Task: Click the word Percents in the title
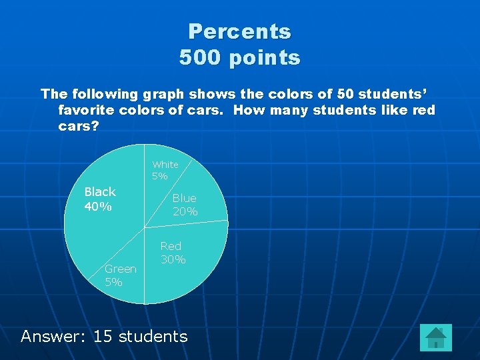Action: tap(239, 31)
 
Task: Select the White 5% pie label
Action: tap(165, 170)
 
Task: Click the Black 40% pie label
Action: tap(99, 199)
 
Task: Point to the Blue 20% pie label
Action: tap(185, 205)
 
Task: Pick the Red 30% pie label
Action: tap(172, 253)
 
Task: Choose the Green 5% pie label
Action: tap(120, 275)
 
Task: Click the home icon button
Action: tap(436, 337)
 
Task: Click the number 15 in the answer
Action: tap(103, 336)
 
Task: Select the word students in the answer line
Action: tap(153, 336)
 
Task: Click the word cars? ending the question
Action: tap(79, 126)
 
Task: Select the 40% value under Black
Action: tap(97, 206)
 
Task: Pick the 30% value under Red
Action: tap(173, 259)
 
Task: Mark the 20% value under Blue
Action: tap(185, 211)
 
